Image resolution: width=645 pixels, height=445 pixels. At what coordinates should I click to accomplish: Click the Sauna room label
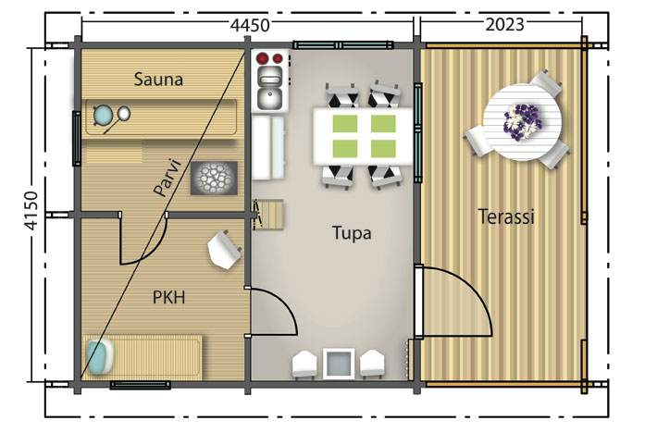point(158,80)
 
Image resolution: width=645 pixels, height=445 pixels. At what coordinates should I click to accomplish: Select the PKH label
point(168,298)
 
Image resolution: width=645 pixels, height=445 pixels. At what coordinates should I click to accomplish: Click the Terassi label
point(505,217)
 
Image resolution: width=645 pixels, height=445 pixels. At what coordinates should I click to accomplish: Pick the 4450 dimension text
point(251,25)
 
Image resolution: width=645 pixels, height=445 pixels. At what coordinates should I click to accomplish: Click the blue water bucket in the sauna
point(102,116)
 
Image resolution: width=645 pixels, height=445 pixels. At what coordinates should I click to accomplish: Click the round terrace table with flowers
point(523,119)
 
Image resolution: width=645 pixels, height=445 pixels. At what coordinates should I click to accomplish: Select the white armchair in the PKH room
point(224,249)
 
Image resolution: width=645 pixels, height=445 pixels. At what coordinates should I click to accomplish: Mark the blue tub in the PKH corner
point(99,356)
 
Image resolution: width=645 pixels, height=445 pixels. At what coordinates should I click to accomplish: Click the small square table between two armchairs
point(337,362)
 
